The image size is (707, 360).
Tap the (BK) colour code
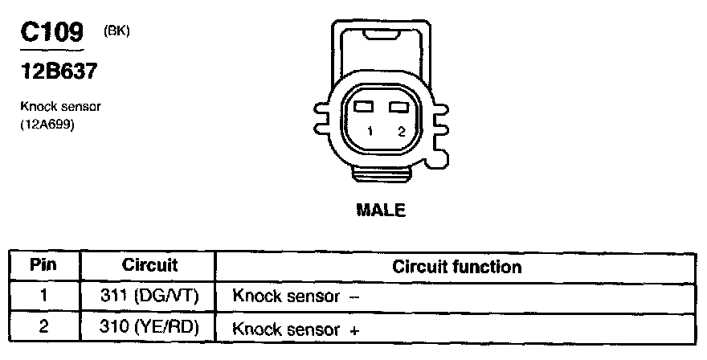[116, 31]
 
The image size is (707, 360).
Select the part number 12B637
[59, 72]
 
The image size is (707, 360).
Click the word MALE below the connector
[380, 211]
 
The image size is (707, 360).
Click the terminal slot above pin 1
[365, 107]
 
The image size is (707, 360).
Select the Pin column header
[43, 265]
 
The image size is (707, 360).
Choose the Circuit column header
[149, 265]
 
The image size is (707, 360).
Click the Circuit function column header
[456, 266]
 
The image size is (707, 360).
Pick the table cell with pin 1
[43, 295]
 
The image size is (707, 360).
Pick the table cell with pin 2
[43, 327]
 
